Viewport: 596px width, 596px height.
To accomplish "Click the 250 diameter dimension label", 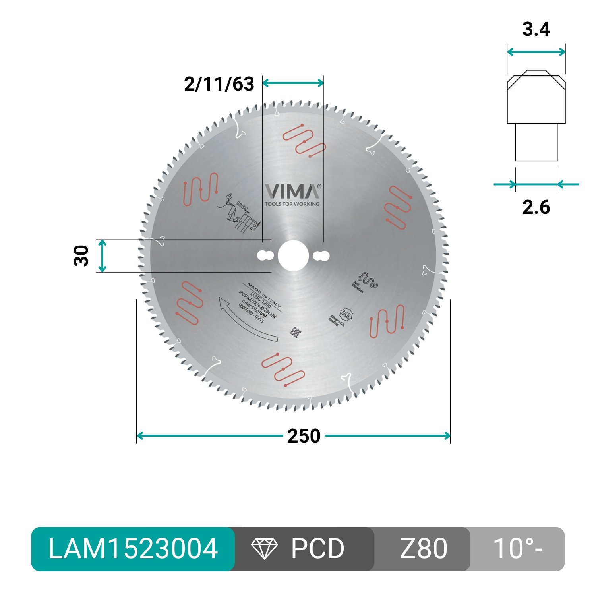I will [304, 436].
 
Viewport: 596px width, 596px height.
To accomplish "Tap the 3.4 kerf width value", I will [536, 29].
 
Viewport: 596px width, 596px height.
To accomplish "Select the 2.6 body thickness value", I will [536, 207].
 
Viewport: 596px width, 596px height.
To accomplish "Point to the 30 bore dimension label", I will [81, 255].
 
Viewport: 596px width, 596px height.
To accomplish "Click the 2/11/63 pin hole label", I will [219, 84].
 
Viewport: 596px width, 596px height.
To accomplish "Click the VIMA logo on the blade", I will [292, 192].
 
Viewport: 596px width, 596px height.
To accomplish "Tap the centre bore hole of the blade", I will [293, 256].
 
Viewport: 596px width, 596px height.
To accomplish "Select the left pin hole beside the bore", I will [265, 255].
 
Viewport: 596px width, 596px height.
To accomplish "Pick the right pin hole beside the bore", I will [321, 256].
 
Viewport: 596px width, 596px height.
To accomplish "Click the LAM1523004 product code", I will [133, 549].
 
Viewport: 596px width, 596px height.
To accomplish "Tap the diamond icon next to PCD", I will [264, 549].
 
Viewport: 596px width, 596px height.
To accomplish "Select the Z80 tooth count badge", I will [423, 549].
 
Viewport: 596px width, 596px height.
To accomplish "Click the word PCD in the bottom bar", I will [317, 549].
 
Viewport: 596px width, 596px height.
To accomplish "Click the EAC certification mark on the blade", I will [296, 332].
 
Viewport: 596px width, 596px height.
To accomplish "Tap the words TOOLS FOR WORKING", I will [292, 204].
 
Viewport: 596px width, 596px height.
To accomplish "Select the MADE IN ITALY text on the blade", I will [264, 295].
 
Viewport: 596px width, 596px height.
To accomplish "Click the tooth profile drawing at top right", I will [536, 115].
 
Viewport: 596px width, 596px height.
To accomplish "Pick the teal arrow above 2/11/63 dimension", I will [293, 83].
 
